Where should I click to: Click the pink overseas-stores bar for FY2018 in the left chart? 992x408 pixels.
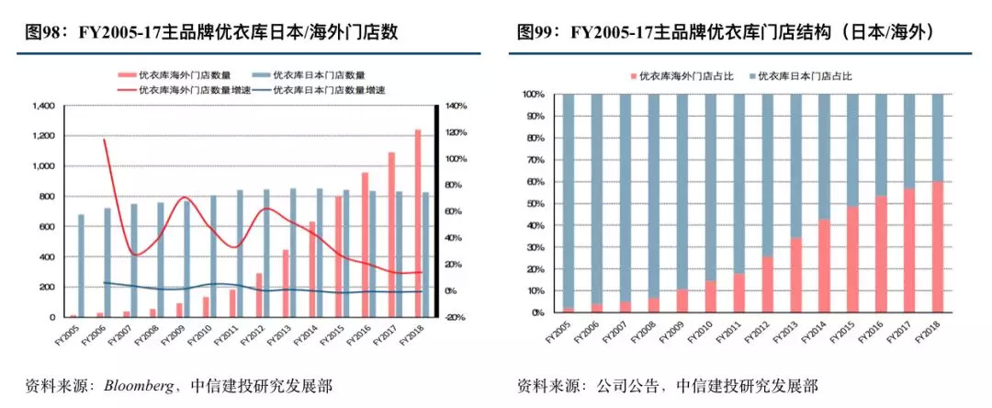[x=418, y=223]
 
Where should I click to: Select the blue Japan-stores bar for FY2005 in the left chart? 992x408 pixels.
[x=81, y=266]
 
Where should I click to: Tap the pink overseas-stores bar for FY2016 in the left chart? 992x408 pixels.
[x=365, y=244]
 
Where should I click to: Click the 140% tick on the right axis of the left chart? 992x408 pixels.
[x=457, y=107]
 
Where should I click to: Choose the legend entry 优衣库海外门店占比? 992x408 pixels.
[x=679, y=74]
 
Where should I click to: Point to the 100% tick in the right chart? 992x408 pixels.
[x=533, y=95]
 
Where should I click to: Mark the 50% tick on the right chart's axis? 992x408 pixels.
[x=535, y=204]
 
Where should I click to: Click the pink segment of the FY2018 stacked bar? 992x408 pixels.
[x=937, y=246]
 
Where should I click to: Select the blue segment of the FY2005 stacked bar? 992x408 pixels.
[x=569, y=200]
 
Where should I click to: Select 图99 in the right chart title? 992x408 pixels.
[x=539, y=34]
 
